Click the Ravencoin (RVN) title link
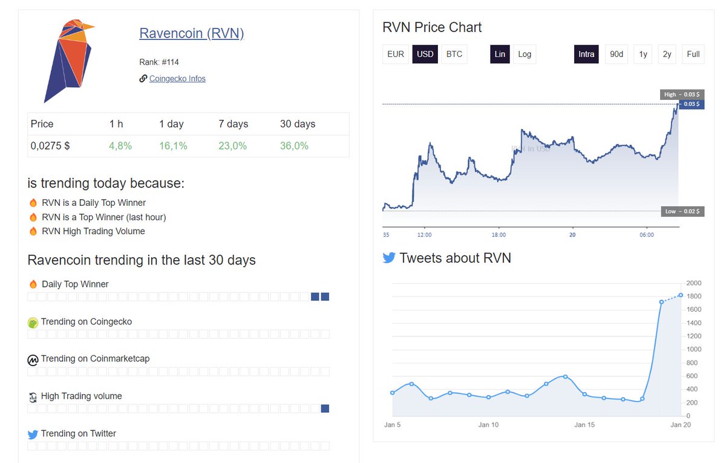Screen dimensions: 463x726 (191, 33)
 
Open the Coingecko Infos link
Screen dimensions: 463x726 (177, 79)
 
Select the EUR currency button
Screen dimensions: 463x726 (396, 54)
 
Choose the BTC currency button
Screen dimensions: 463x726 (454, 54)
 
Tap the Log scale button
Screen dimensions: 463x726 (525, 54)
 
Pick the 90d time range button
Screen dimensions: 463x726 (616, 54)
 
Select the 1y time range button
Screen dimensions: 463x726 (643, 54)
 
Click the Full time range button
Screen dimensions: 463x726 (693, 54)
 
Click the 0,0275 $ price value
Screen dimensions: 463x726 (50, 146)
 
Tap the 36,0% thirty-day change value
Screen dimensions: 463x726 (294, 146)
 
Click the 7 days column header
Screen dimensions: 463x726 (234, 124)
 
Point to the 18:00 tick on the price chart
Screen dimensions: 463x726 (499, 235)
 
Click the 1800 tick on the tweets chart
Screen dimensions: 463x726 (694, 296)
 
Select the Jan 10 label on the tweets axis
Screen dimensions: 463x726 (488, 425)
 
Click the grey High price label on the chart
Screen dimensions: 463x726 (682, 94)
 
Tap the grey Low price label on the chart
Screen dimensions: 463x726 (682, 211)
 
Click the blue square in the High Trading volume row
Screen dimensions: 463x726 (325, 409)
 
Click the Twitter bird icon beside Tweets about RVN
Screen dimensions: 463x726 (389, 258)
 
